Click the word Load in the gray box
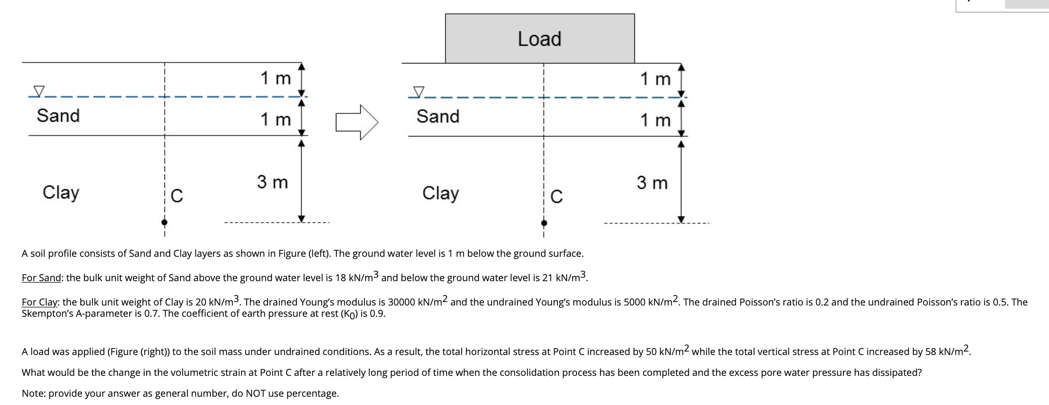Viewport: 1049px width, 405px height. (539, 39)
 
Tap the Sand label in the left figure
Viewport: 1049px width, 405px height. (58, 116)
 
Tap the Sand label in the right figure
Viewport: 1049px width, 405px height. (438, 116)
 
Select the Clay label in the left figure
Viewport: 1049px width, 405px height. (61, 193)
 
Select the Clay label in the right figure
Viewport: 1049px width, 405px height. (440, 193)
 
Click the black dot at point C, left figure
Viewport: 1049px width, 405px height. (164, 222)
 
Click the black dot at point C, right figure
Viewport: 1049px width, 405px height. (544, 223)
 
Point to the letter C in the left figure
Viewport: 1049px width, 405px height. (177, 196)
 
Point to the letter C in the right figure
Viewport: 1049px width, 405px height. (556, 197)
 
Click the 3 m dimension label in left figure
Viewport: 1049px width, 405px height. (272, 182)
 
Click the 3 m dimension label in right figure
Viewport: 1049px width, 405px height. (652, 183)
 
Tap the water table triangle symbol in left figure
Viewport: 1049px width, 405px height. (39, 91)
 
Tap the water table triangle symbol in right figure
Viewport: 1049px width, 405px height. (418, 92)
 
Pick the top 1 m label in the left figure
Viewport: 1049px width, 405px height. (276, 78)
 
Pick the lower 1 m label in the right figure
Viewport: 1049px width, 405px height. (655, 120)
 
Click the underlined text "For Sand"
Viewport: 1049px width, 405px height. (41, 278)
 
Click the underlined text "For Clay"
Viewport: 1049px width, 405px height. (40, 302)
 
